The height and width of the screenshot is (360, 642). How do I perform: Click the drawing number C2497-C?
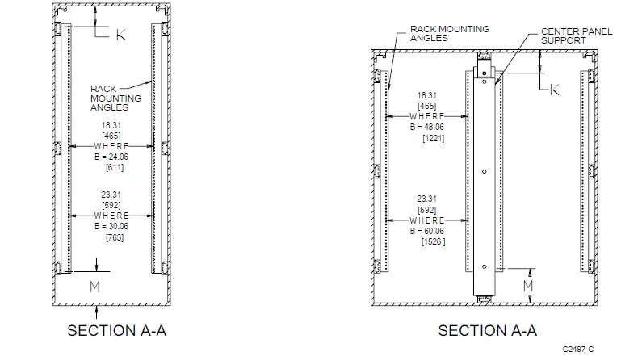(x=577, y=349)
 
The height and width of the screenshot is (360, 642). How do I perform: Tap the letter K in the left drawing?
(x=120, y=35)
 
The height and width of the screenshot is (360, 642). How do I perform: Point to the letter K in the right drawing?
(x=554, y=90)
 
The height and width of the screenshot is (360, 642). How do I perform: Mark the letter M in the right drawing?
(x=527, y=286)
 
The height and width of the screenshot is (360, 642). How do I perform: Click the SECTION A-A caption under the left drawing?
(x=118, y=330)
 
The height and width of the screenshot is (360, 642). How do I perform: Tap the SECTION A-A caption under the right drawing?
(x=487, y=330)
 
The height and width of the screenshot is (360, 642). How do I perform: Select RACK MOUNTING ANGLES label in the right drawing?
(x=450, y=33)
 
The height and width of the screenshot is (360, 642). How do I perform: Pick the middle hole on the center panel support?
(x=482, y=171)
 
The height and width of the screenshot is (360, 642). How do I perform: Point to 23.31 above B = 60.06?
(x=427, y=199)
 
